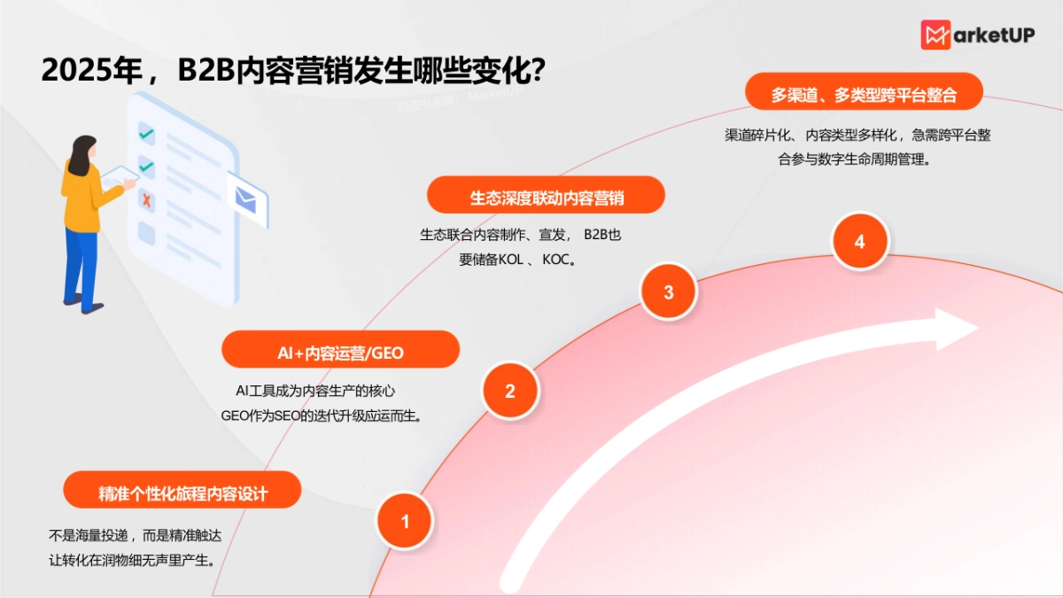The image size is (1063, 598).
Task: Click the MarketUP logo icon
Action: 935,35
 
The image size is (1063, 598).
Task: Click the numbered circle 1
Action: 405,522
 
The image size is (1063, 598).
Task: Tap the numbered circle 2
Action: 509,391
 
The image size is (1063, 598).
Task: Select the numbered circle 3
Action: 669,291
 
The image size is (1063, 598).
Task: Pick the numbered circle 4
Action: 859,242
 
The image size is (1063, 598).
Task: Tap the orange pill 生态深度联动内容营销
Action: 546,195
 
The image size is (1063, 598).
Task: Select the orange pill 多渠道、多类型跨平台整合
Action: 864,92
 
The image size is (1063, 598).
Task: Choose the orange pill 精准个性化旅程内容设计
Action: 182,491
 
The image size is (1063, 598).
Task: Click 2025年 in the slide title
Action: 92,70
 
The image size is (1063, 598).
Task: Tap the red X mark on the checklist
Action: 147,200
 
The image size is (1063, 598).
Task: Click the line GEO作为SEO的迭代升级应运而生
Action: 320,415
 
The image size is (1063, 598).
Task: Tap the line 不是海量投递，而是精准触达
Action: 140,535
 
